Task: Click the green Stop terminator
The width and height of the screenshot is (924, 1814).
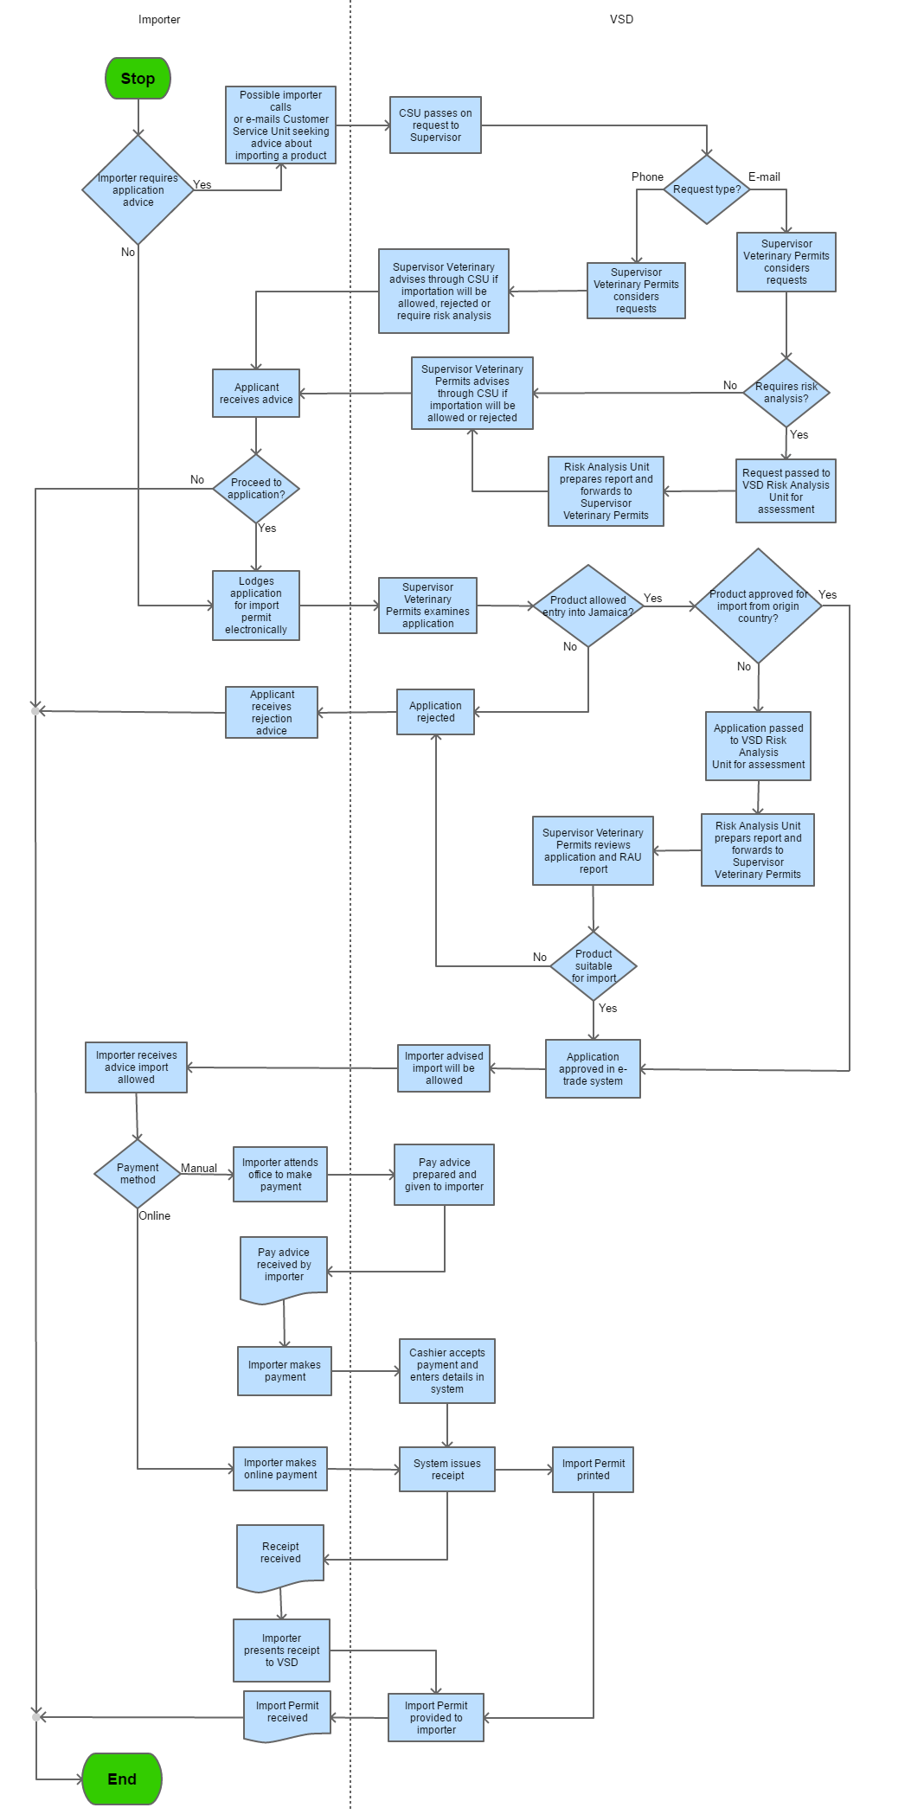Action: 138,79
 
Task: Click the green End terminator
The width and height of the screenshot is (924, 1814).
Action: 122,1779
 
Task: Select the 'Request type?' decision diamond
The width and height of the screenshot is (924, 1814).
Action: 707,189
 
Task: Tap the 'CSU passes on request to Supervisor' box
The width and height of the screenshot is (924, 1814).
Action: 435,125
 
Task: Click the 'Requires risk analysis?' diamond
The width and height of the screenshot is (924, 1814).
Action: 786,393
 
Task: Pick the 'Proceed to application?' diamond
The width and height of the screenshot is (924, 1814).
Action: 256,489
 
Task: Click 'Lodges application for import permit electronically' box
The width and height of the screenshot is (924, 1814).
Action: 256,606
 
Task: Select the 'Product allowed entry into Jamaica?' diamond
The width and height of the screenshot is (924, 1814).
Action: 588,606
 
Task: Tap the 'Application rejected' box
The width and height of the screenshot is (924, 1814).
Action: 435,712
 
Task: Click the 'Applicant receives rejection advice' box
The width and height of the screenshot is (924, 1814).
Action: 272,713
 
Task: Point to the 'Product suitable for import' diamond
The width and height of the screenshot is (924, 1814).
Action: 594,966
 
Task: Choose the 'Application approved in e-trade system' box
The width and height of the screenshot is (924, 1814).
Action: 593,1069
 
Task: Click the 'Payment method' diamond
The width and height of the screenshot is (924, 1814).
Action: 138,1174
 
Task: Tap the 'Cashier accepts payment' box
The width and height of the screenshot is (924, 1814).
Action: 447,1371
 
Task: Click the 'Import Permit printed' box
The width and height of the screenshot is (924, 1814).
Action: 594,1470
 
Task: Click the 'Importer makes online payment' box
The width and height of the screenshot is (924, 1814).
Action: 280,1469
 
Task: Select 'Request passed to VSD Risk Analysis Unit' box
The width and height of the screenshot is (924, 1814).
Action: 786,491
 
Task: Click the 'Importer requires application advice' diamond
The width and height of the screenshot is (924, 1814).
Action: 138,190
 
